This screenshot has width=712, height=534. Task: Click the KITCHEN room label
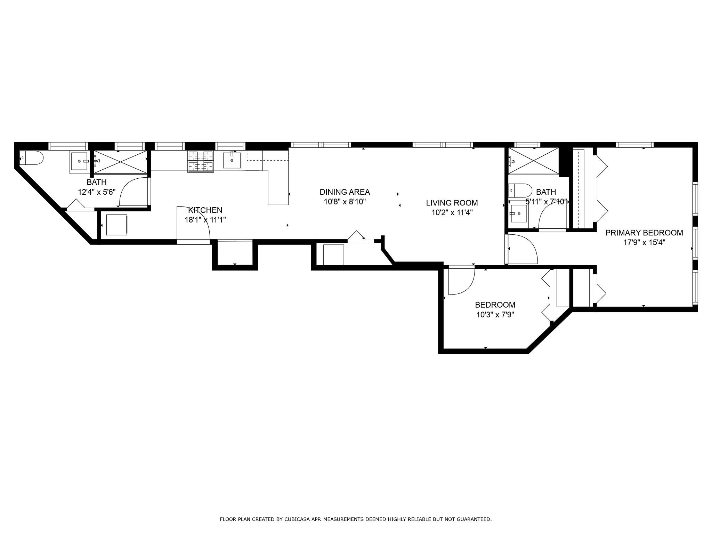tap(205, 210)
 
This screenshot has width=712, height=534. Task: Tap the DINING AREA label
tap(345, 192)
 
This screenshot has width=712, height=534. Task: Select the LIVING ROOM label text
tap(452, 203)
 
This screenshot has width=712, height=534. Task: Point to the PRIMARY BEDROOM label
tap(644, 233)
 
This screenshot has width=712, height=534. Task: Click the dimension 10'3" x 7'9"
tap(495, 315)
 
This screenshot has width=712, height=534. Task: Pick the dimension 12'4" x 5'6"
tap(97, 192)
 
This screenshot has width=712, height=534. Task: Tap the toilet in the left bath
tap(31, 158)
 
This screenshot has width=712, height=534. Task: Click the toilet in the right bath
tap(520, 191)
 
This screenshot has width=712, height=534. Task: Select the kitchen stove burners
tap(201, 161)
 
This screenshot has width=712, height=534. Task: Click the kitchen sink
tap(232, 160)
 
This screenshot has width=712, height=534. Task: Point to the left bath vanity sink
tap(79, 161)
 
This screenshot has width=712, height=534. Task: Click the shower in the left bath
tap(120, 162)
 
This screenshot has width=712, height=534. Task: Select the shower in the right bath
tap(533, 161)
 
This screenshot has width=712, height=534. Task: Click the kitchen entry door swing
tap(193, 222)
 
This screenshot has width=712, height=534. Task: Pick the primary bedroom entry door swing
tap(522, 249)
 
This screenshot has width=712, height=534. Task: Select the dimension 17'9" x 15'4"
tap(644, 243)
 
